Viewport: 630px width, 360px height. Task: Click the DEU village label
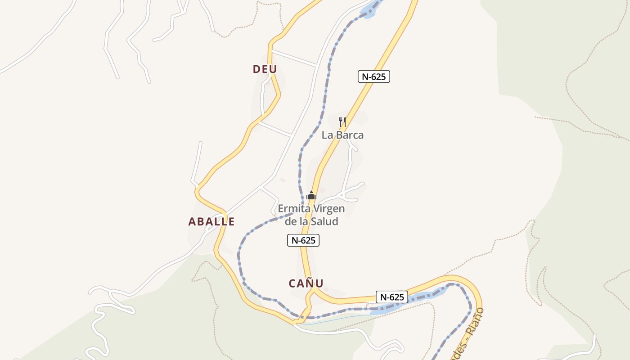[265, 69]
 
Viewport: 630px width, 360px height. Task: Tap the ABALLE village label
[211, 221]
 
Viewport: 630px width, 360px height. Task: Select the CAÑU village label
[306, 283]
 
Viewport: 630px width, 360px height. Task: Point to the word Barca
[350, 135]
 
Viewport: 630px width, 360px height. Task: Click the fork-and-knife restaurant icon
[342, 121]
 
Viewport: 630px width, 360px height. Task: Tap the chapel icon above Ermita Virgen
[311, 196]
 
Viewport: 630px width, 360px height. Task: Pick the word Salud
[325, 221]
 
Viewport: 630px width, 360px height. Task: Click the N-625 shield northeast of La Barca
[374, 76]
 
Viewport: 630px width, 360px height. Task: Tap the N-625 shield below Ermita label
[303, 241]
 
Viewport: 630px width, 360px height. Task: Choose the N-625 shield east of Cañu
[392, 297]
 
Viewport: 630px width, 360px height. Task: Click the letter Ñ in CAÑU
[308, 283]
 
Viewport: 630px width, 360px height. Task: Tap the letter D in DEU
[257, 69]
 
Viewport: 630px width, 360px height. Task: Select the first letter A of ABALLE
[192, 221]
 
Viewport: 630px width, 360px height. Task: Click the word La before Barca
[327, 135]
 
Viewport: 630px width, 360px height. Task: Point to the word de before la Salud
[291, 221]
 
